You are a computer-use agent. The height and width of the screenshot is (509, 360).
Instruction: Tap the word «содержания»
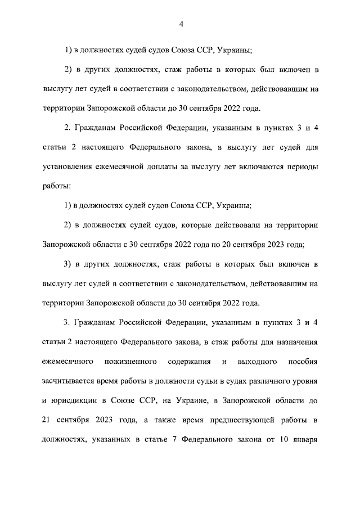[189, 361]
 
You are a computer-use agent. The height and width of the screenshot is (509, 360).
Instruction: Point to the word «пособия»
[304, 361]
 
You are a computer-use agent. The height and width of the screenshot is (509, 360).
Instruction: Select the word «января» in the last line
[306, 439]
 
